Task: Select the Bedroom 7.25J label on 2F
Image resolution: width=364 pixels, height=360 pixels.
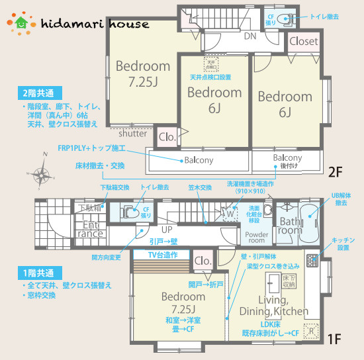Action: coord(143,73)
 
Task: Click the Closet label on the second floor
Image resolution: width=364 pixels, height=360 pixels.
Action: coord(304,41)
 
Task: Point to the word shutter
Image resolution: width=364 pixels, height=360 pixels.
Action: coord(133,132)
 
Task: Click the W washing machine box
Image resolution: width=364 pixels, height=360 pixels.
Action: coord(229,213)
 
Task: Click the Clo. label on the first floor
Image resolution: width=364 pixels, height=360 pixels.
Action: coord(203,261)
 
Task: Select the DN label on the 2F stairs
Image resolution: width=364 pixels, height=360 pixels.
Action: coord(250,36)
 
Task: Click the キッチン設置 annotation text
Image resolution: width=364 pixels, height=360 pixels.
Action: coord(344,243)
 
